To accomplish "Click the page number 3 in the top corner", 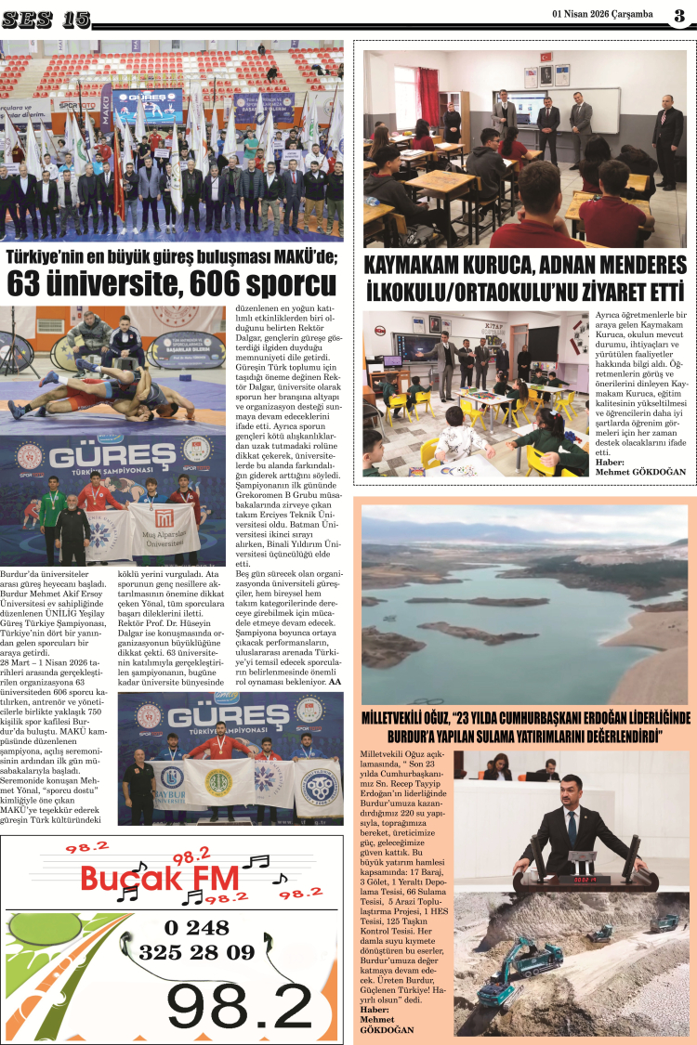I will (679, 14).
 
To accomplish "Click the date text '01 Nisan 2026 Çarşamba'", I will (601, 14).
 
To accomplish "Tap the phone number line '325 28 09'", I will (196, 952).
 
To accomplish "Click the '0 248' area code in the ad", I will (196, 927).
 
